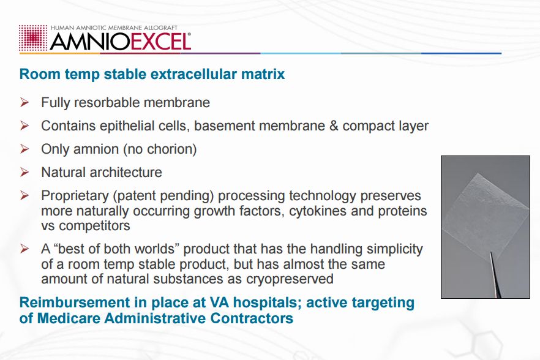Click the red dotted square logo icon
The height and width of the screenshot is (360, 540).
pos(33,38)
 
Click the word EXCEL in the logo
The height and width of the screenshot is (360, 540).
pos(160,42)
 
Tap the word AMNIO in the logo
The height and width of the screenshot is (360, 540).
pos(90,42)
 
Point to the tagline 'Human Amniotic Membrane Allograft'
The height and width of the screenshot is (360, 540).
pos(114,28)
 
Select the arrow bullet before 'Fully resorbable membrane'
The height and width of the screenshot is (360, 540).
pos(24,102)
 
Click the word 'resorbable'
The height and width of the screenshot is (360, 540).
pos(107,103)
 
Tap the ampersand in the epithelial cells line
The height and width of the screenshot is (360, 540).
pos(334,126)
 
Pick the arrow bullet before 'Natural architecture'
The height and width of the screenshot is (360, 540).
pos(24,172)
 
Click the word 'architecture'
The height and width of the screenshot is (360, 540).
pos(126,172)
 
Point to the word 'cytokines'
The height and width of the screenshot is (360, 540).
pos(318,211)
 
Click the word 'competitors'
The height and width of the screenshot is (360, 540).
pos(94,226)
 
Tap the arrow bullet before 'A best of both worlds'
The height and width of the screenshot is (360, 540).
pos(24,249)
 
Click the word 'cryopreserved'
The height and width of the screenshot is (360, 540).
pos(290,279)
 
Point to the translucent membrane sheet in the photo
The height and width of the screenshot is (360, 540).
pos(486,214)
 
